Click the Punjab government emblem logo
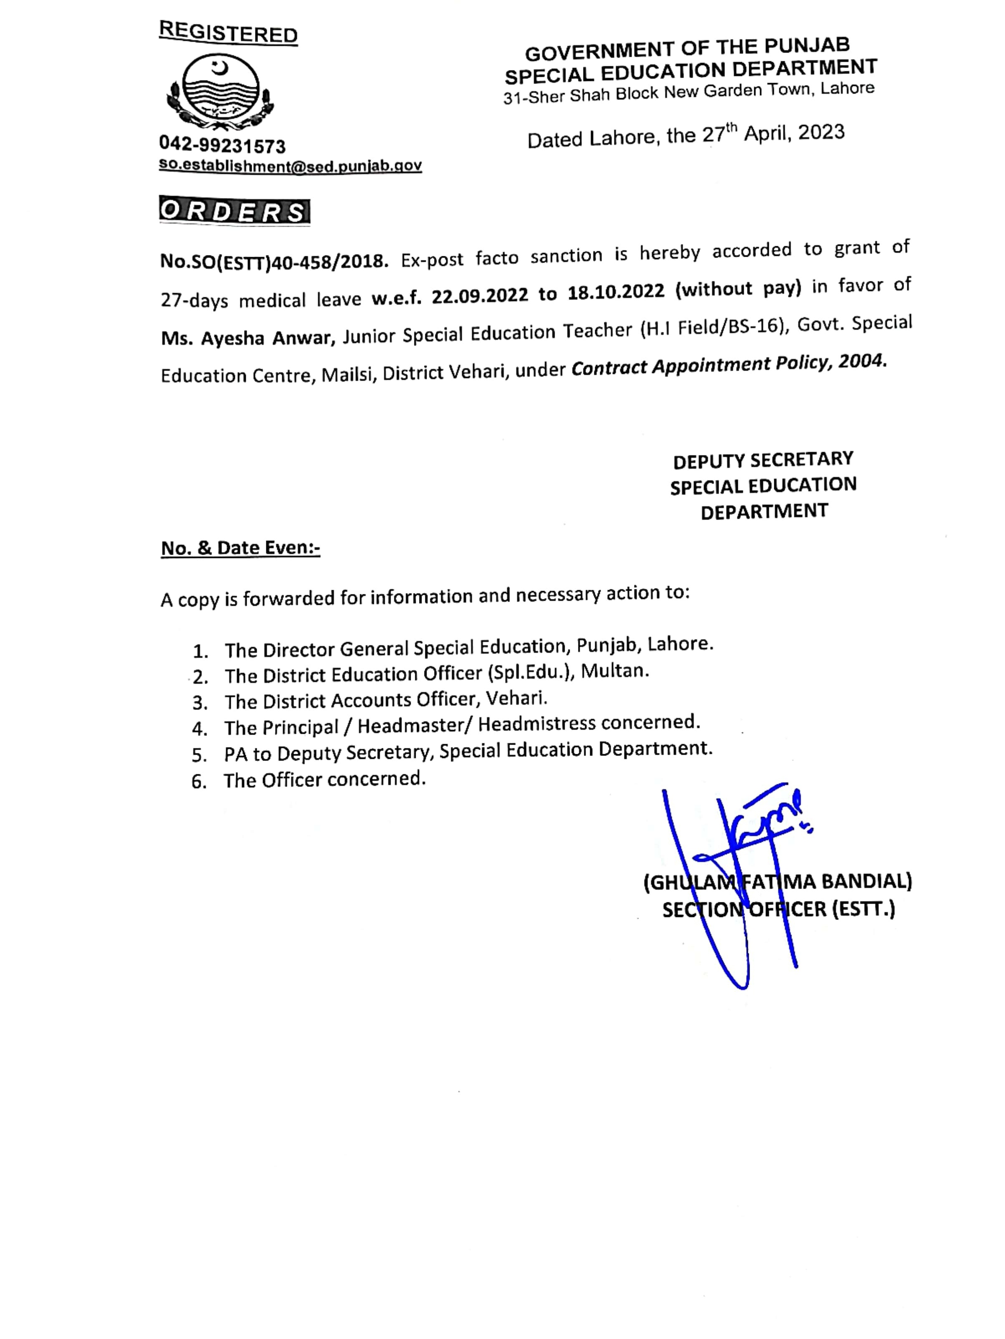(220, 92)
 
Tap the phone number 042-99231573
(222, 145)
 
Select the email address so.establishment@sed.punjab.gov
(290, 165)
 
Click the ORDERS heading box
(234, 211)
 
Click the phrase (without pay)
(738, 288)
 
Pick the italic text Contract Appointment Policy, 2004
(728, 364)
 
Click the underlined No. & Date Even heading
(240, 548)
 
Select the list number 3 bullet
(200, 703)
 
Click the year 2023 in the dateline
(821, 132)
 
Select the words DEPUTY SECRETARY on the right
(763, 460)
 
